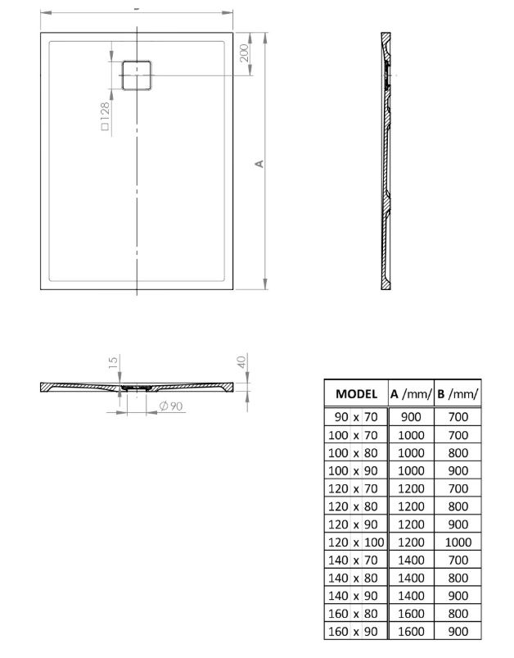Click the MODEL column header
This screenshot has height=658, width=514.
pos(356,393)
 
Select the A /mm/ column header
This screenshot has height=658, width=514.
pos(411,393)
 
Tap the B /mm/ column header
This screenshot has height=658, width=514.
pos(458,393)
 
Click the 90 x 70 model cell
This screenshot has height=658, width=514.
pos(356,417)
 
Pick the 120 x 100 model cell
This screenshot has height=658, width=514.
pos(356,542)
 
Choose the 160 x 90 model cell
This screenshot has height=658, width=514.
pos(353,631)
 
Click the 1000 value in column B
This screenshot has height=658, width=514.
pos(458,542)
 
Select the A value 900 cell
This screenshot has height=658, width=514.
pos(411,417)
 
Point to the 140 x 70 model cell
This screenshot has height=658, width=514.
pos(353,560)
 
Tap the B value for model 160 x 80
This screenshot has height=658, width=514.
pos(458,614)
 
